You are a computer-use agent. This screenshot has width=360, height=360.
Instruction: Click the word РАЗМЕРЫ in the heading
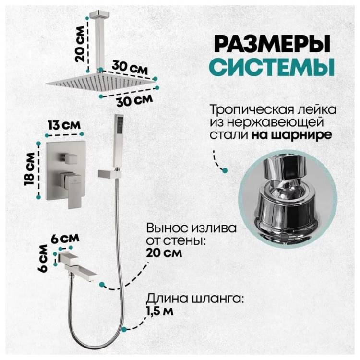coord(273,43)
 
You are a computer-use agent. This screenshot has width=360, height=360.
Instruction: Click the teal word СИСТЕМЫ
coord(273,67)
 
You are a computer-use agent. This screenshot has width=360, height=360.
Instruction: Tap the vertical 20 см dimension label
coord(80,44)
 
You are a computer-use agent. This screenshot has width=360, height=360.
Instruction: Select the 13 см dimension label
coord(64,125)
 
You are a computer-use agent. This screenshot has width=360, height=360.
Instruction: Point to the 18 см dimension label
coord(30,169)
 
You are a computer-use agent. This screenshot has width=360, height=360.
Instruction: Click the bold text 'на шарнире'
coord(291,135)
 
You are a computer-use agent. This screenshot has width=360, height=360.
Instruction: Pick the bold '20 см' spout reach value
coord(164,253)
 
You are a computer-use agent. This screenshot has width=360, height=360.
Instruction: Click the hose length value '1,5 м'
coord(160,311)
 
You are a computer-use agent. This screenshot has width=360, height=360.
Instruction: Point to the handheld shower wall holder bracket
coord(109,173)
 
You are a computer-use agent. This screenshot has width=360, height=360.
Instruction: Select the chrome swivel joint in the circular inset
coord(288,197)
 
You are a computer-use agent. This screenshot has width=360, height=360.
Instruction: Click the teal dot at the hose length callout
coord(124,329)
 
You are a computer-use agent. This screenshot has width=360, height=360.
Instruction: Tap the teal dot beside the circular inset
coord(225,170)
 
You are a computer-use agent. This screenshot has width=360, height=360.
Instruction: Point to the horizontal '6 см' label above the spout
coord(65,239)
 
